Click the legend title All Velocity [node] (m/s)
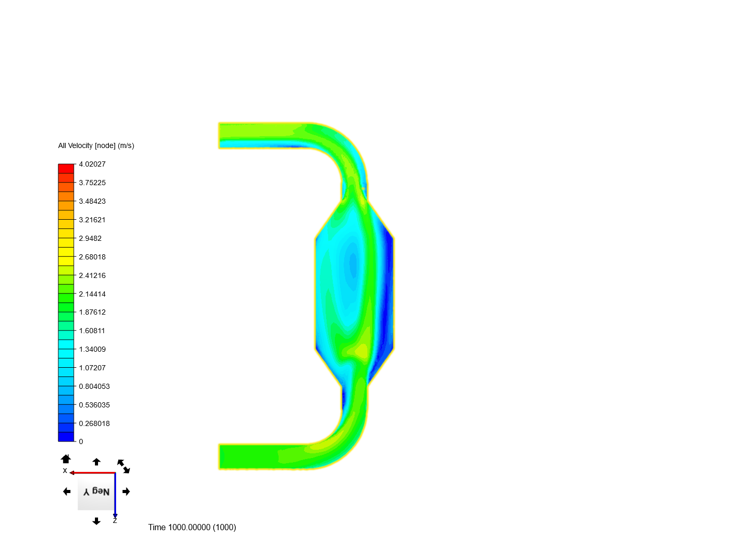[x=96, y=145]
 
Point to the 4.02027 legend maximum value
[x=92, y=164]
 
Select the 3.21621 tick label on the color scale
[x=92, y=220]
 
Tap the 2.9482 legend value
[x=90, y=238]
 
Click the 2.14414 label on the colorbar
[x=92, y=294]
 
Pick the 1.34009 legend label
[x=92, y=349]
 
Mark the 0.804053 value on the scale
[x=94, y=387]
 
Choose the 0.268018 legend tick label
[x=94, y=424]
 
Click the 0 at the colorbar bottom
[x=81, y=441]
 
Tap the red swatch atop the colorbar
[x=66, y=169]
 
